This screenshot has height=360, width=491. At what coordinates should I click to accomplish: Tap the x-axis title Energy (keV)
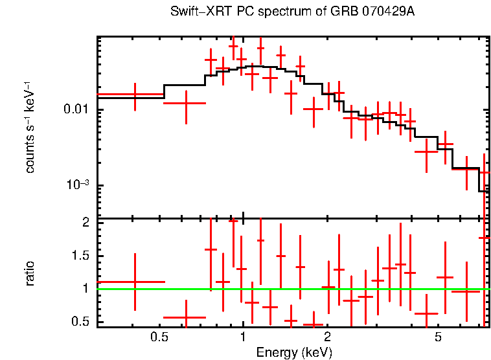pyautogui.click(x=293, y=353)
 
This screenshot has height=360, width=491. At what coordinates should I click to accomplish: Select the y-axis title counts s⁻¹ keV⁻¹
pyautogui.click(x=30, y=127)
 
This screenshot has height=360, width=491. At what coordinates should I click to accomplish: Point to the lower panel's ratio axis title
pyautogui.click(x=30, y=273)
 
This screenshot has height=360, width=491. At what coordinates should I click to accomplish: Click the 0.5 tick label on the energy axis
pyautogui.click(x=159, y=338)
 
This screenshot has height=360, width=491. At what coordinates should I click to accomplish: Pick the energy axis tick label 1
pyautogui.click(x=243, y=338)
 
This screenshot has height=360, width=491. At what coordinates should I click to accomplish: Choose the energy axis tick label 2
pyautogui.click(x=327, y=338)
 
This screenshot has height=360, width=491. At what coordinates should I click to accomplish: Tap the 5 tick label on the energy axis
pyautogui.click(x=438, y=338)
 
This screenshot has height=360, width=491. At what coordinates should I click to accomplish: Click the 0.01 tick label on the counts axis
pyautogui.click(x=76, y=110)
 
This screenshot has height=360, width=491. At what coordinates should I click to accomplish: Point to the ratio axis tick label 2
pyautogui.click(x=84, y=223)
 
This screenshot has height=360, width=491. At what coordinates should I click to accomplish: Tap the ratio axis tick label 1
pyautogui.click(x=84, y=289)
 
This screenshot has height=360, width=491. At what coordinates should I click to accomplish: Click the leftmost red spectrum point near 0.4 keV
pyautogui.click(x=135, y=95)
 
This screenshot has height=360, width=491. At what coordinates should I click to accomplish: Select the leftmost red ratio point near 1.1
pyautogui.click(x=135, y=282)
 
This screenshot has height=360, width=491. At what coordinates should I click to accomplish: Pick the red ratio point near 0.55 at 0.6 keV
pyautogui.click(x=186, y=318)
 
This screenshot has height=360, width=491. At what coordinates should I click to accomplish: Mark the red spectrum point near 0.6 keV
pyautogui.click(x=186, y=103)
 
